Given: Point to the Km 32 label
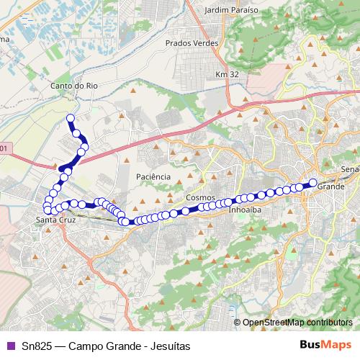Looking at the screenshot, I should (x=226, y=75).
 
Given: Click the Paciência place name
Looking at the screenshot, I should (x=153, y=176).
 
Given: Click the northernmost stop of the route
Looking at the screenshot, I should (x=71, y=117).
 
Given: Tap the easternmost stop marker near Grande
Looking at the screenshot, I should (x=313, y=182).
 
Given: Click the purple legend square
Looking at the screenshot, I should (x=9, y=346).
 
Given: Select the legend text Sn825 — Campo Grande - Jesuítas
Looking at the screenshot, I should (x=106, y=346).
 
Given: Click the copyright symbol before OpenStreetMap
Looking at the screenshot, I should (x=238, y=322).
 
